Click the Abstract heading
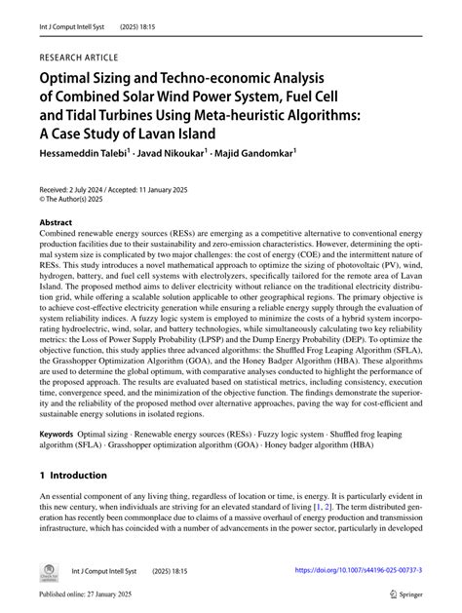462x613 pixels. pos(56,223)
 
